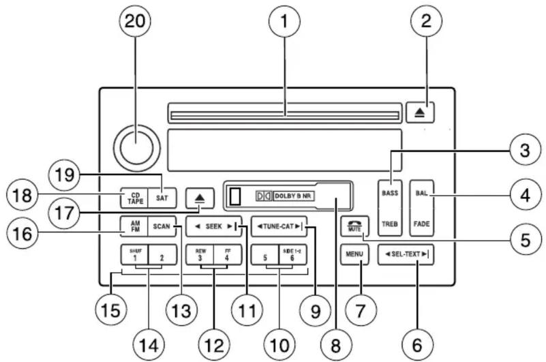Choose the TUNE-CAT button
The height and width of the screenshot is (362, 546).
point(278,226)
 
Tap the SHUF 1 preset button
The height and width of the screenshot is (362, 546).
point(134,255)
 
